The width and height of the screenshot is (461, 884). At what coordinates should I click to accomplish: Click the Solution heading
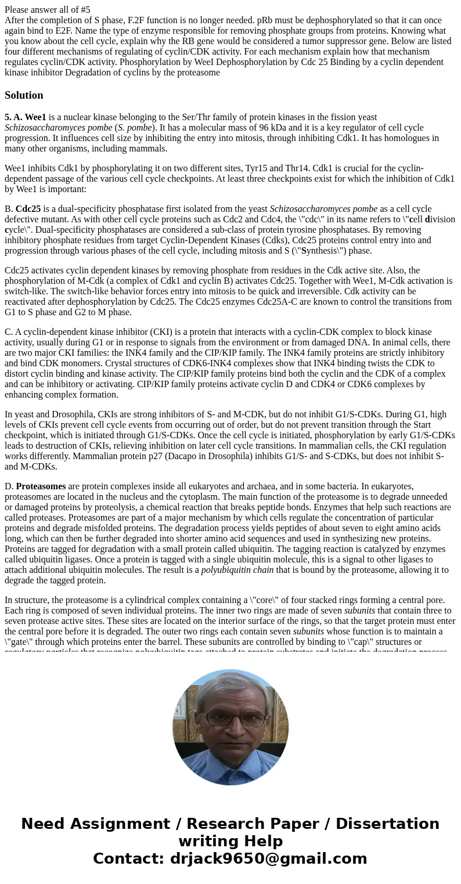(x=24, y=95)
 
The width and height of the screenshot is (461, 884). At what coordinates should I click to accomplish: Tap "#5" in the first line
(x=84, y=9)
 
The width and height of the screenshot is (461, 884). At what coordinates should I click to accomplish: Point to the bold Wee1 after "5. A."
(x=35, y=117)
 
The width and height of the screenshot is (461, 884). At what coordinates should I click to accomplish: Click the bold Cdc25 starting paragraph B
(x=28, y=209)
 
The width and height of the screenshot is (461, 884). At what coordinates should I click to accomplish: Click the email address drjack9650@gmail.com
(x=268, y=859)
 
